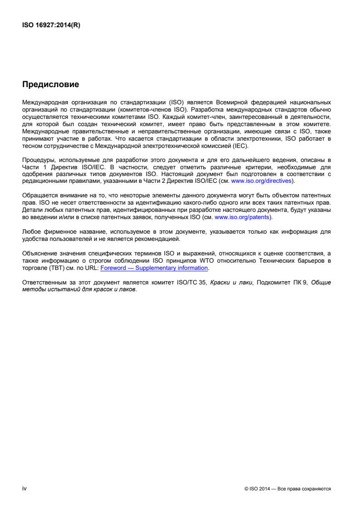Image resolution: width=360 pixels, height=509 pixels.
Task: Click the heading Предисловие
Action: pos(50,84)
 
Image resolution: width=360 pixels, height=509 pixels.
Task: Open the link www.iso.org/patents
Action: pos(242,217)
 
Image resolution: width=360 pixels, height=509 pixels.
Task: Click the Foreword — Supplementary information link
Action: pos(154,268)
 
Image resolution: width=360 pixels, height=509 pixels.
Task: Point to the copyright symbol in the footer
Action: pos(246,489)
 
